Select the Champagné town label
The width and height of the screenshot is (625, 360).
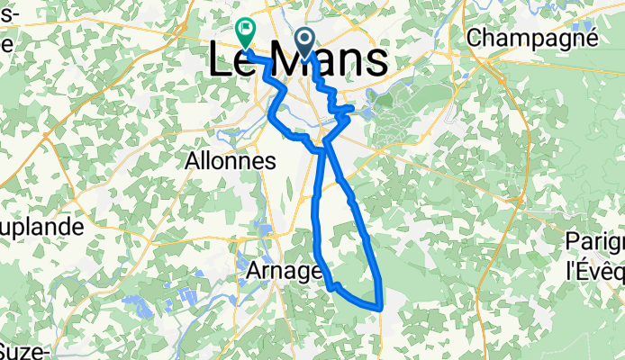pos(533,38)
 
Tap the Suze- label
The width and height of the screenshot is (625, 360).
pos(23,350)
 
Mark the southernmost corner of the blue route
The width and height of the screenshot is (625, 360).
pos(381,309)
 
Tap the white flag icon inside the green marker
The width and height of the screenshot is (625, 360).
pos(245,29)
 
